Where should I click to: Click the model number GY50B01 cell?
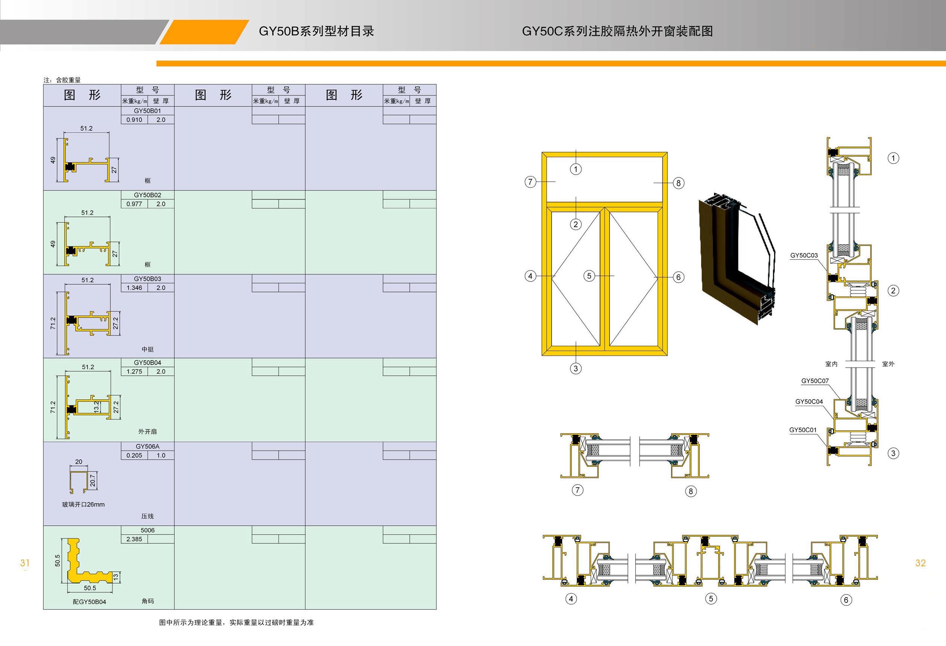point(147,110)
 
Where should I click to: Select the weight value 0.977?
point(134,204)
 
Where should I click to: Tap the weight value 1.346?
point(134,287)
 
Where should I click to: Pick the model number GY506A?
point(147,446)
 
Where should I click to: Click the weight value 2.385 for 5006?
point(134,539)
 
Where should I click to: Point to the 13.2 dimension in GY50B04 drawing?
point(96,406)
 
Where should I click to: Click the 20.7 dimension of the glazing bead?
point(92,480)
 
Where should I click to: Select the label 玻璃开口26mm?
point(83,504)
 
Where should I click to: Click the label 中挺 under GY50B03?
point(147,349)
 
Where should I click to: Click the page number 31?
point(25,563)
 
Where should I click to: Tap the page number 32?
point(920,563)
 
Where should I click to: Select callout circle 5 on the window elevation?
point(589,276)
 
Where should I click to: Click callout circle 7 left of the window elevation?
point(530,182)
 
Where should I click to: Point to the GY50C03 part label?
point(804,256)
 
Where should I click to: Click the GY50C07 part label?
point(815,381)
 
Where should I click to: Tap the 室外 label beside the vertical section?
point(888,364)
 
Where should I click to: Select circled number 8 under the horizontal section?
point(690,491)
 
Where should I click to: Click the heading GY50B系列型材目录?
point(316,31)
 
